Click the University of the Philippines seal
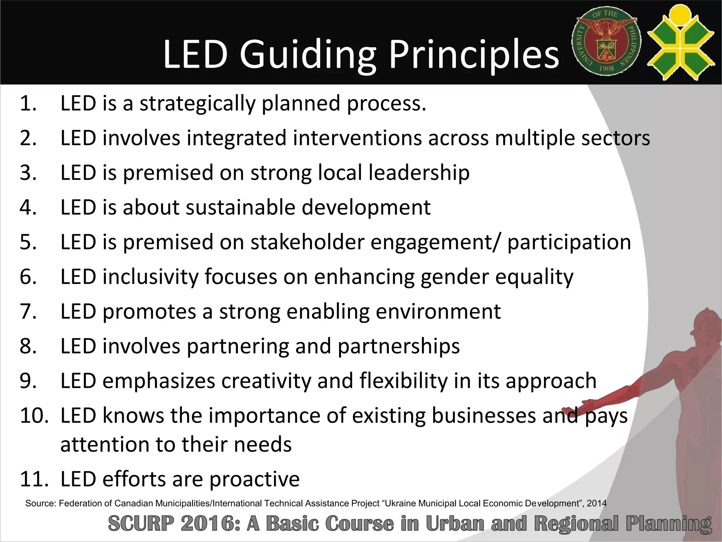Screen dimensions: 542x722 pos(606,42)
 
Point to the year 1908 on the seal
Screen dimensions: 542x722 pos(606,68)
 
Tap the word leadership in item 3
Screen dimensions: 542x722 pos(419,173)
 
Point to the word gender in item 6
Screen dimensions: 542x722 pos(455,277)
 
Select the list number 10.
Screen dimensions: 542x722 pos(34,416)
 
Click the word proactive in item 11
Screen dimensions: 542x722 pos(254,480)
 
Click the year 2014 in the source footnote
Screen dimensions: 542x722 pos(596,504)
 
